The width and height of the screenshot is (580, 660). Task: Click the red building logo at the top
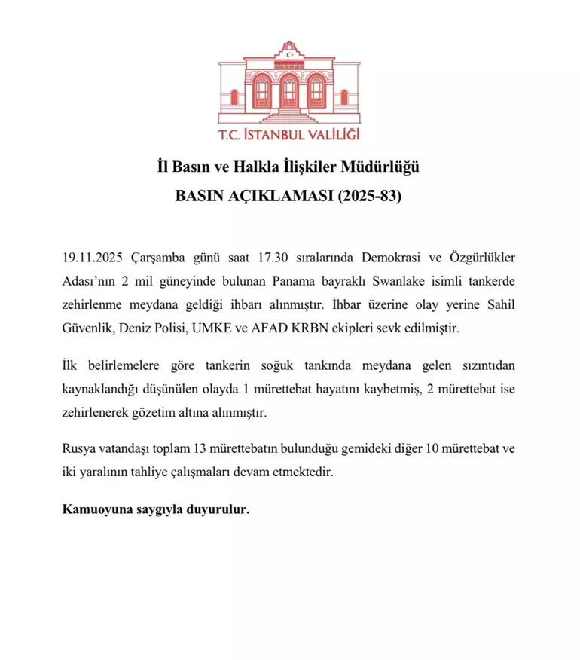tap(289, 86)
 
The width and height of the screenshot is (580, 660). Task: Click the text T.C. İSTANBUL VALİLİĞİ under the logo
tap(289, 136)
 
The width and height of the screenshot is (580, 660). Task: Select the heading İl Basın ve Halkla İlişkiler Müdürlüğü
tap(289, 167)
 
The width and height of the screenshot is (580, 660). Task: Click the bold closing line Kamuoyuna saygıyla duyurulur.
tap(155, 510)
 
